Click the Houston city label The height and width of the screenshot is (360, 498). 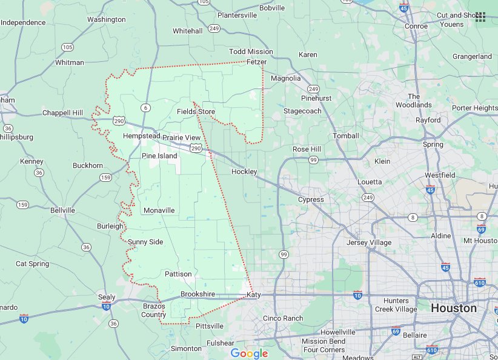pos(454,308)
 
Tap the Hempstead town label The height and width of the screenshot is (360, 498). pos(141,136)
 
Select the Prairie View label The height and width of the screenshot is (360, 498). pos(181,138)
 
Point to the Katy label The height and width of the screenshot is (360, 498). pos(254,295)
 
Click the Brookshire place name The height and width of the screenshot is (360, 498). pos(198,294)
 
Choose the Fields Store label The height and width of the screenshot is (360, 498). pos(196,112)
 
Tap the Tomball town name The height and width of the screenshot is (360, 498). pos(346,136)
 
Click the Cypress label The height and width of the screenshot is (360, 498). pos(311,199)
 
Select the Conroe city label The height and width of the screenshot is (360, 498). pos(416,26)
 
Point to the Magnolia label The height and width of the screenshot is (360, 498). pos(285,78)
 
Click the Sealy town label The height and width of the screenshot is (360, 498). pos(107,297)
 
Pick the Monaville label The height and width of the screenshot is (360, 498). pos(159,210)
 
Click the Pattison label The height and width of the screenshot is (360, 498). pos(178,275)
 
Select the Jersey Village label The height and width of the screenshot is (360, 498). pos(369,242)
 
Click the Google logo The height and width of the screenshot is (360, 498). pos(249,353)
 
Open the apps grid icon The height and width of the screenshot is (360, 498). pos(480,16)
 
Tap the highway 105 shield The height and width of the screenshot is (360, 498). pos(67,47)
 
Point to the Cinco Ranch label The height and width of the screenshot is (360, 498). pos(283,318)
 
